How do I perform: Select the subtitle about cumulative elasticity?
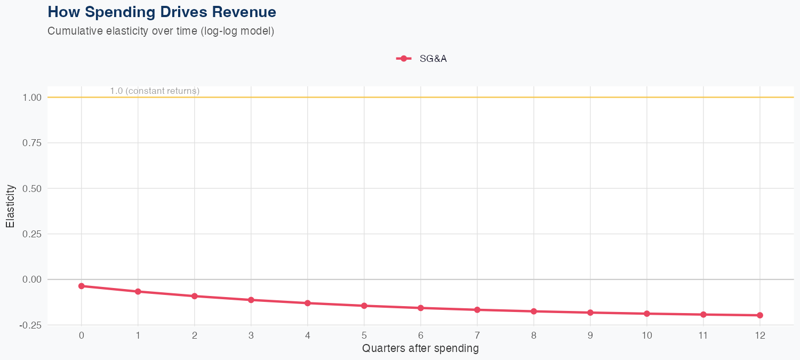(161, 31)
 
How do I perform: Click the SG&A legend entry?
(421, 59)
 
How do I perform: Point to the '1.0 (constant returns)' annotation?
(155, 91)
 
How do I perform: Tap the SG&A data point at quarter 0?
(82, 286)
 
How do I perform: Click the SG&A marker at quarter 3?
(251, 300)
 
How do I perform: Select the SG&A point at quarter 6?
(421, 308)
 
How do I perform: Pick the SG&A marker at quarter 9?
(590, 313)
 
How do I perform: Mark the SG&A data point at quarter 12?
(760, 315)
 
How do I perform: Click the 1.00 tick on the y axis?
(31, 98)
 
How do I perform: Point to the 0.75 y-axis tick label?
(31, 143)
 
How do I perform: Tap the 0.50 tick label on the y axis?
(31, 188)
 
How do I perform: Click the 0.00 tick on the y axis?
(31, 279)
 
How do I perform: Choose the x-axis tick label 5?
(364, 335)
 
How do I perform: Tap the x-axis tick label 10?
(647, 335)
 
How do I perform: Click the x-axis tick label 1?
(138, 335)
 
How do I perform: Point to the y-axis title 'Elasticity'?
(10, 206)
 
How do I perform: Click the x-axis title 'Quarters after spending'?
(420, 349)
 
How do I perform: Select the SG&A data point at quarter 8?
(534, 311)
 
